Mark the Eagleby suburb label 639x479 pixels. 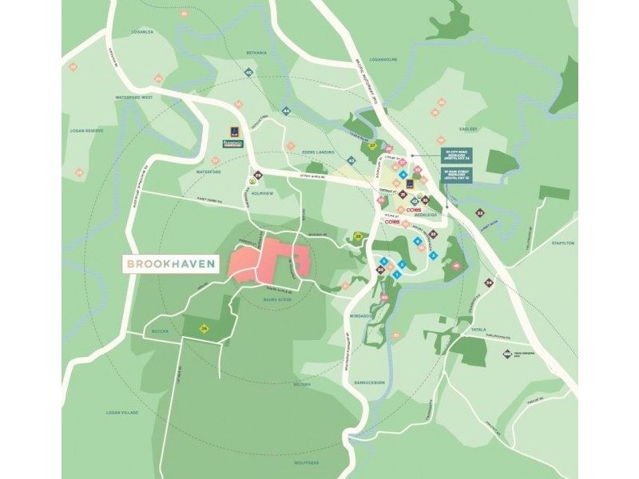point(468,129)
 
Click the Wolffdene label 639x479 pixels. point(307,461)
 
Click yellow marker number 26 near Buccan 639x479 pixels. point(204,328)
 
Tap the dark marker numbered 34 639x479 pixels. point(489,283)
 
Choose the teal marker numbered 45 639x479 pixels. point(249,73)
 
